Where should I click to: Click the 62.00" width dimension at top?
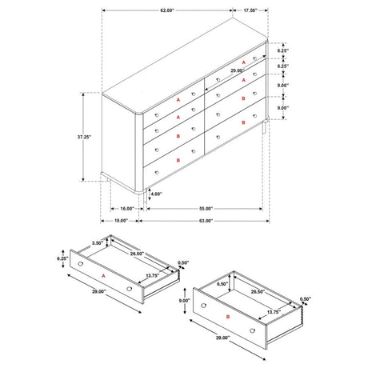pyautogui.click(x=167, y=10)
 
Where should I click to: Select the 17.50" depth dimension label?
pyautogui.click(x=250, y=10)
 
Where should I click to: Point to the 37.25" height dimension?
pyautogui.click(x=84, y=137)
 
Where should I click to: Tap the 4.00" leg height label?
pyautogui.click(x=156, y=194)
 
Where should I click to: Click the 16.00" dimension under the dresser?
pyautogui.click(x=127, y=209)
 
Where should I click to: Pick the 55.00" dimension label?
pyautogui.click(x=206, y=209)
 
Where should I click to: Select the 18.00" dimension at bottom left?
pyautogui.click(x=121, y=221)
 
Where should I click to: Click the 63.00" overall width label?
pyautogui.click(x=206, y=221)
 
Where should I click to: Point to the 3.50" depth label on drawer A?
pyautogui.click(x=98, y=243)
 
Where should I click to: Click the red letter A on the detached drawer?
pyautogui.click(x=103, y=276)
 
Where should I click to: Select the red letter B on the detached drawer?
pyautogui.click(x=228, y=317)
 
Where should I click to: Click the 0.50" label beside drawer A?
pyautogui.click(x=183, y=262)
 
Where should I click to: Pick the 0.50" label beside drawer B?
pyautogui.click(x=306, y=299)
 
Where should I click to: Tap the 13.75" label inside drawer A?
pyautogui.click(x=153, y=276)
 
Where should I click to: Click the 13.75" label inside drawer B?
pyautogui.click(x=274, y=312)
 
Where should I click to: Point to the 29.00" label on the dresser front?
pyautogui.click(x=238, y=70)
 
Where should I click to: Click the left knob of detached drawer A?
pyautogui.click(x=80, y=264)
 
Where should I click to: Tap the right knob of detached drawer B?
pyautogui.click(x=252, y=330)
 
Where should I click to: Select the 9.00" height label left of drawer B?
pyautogui.click(x=184, y=301)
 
